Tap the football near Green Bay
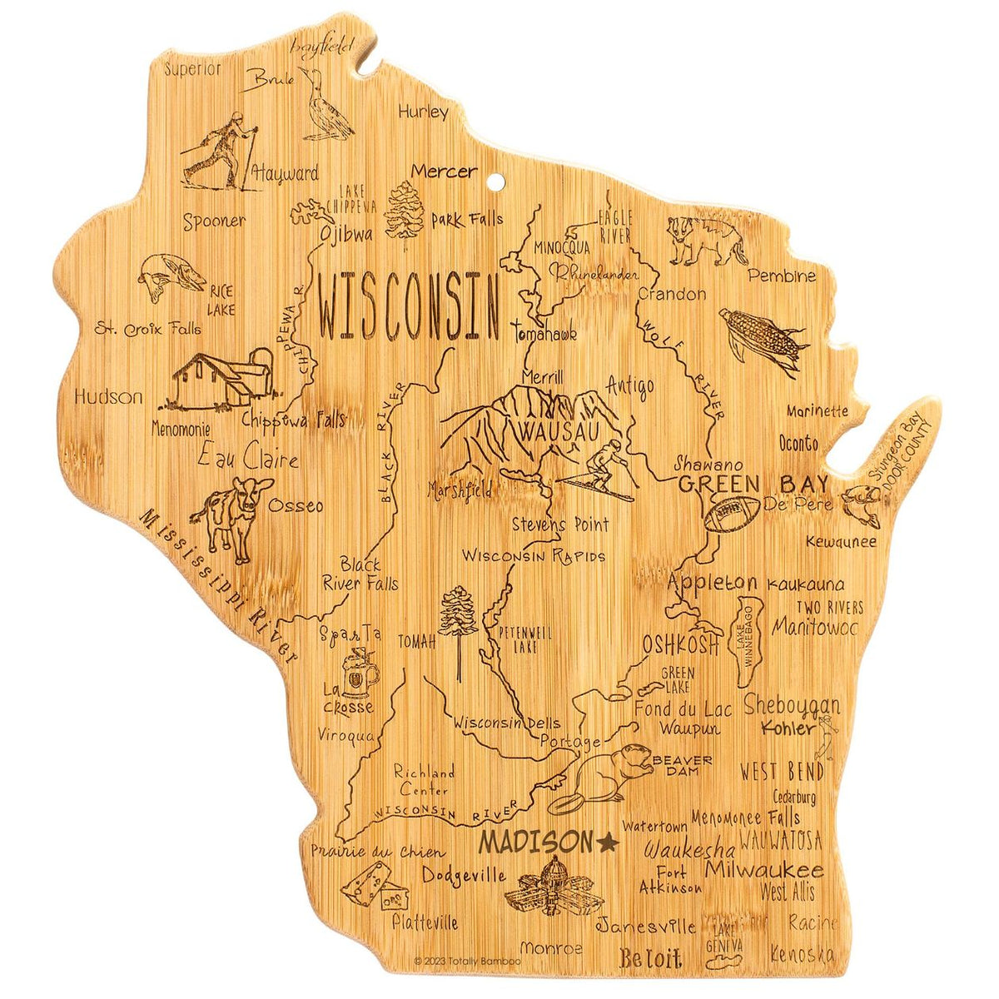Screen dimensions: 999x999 733,513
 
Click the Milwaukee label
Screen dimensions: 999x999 763,871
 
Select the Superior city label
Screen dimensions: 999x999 192,68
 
